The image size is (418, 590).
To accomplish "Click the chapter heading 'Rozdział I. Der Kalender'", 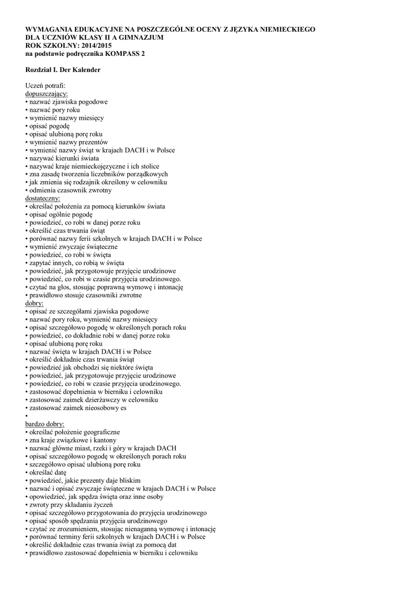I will pyautogui.click(x=63, y=69).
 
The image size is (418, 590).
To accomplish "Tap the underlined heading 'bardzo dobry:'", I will pyautogui.click(x=46, y=423).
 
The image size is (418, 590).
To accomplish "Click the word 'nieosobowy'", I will pyautogui.click(x=96, y=407).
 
